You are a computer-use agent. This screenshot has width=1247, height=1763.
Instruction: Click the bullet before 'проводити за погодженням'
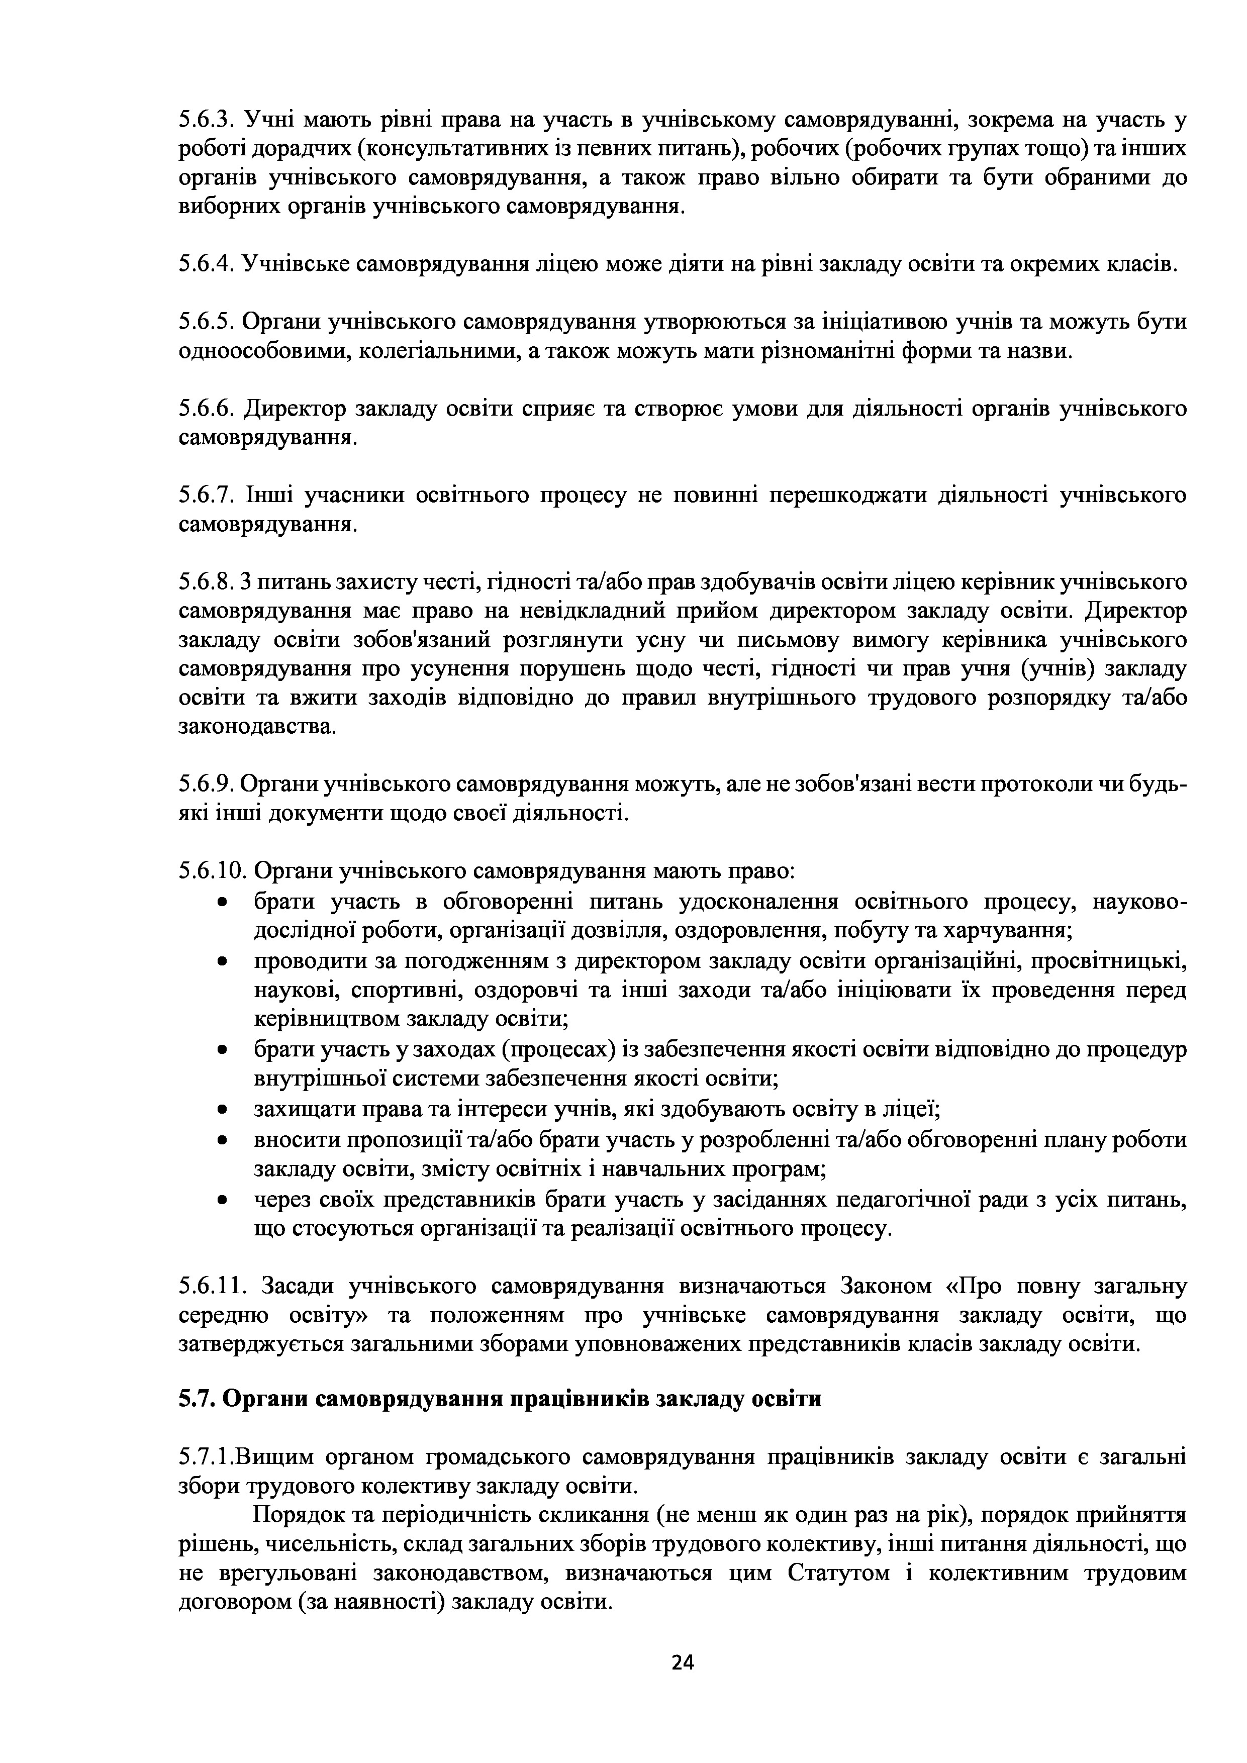(x=222, y=962)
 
